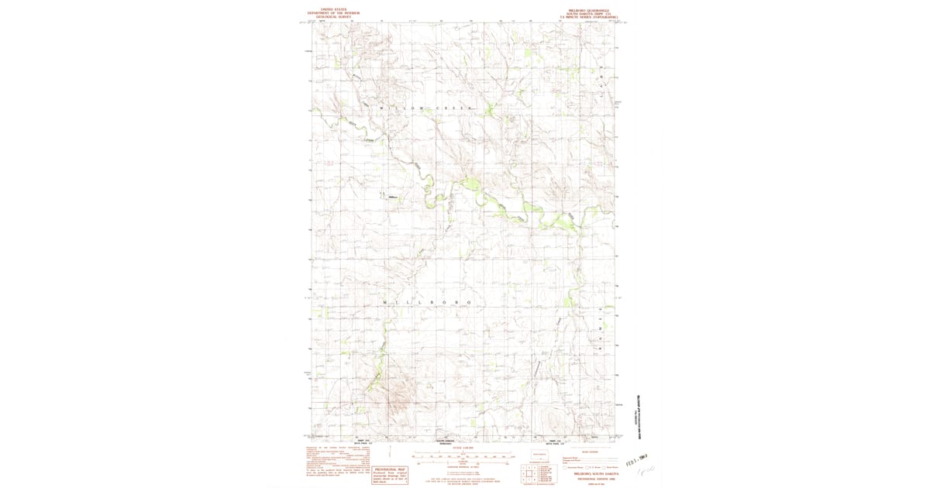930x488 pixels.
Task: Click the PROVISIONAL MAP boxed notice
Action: (391, 474)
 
